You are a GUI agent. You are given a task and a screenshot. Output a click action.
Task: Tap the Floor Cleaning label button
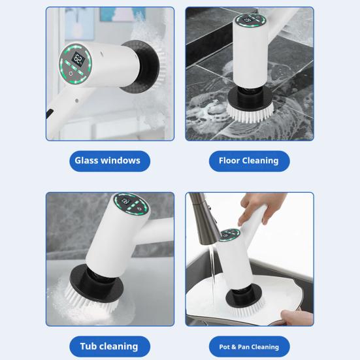coord(249,161)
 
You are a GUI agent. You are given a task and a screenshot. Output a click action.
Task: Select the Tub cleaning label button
coord(109,346)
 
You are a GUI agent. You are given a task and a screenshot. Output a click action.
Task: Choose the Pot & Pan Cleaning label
coord(249,346)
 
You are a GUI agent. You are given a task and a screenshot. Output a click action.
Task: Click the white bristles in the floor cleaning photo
coord(250,113)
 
